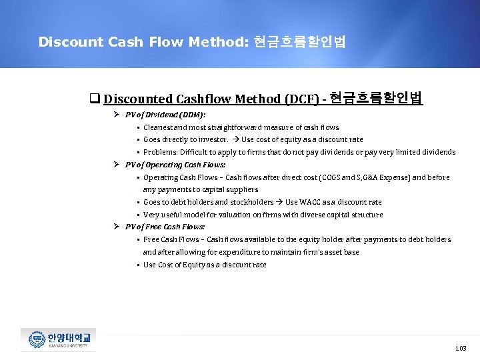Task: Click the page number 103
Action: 460,348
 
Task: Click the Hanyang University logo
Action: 59,340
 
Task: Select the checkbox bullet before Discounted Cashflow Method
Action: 95,99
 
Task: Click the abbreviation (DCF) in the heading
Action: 301,99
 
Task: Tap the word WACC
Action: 313,202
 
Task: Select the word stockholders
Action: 251,202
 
